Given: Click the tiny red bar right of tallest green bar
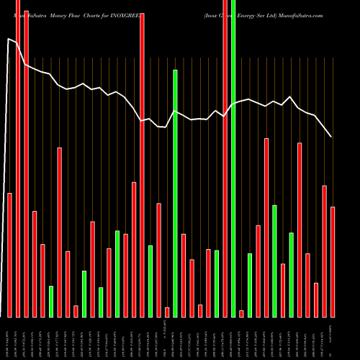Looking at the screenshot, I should (x=241, y=313).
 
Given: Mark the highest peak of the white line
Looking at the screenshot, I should (x=9, y=39).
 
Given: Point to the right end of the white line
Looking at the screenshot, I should (x=331, y=137).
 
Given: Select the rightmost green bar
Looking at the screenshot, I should (x=292, y=274).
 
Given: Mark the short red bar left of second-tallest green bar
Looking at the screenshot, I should (x=167, y=312).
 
